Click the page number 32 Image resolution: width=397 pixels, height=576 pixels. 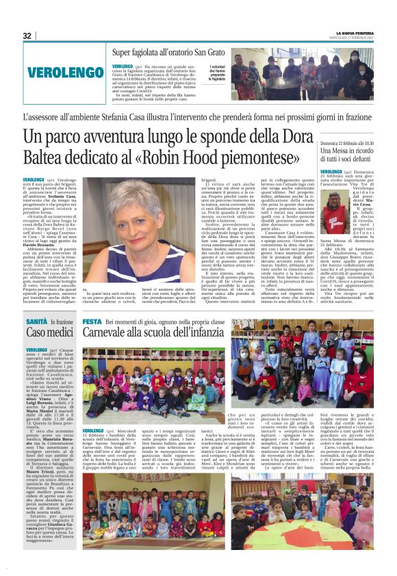[x=27, y=36]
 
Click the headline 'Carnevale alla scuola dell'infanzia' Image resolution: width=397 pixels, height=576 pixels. [x=164, y=332]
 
